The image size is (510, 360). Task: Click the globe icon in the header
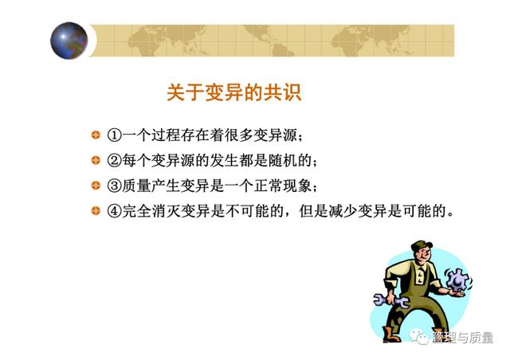[69, 41]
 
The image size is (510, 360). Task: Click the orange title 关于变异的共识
[233, 92]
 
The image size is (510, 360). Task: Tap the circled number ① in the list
[115, 135]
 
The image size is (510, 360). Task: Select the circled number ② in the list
[115, 160]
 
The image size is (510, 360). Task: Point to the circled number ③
[115, 186]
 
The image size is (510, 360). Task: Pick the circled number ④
[115, 211]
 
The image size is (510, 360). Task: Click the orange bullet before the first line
[96, 135]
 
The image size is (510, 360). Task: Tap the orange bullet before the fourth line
[96, 211]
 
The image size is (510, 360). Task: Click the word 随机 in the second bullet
[276, 160]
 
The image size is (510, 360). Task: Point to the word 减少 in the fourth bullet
[343, 211]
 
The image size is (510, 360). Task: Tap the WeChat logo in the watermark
[420, 338]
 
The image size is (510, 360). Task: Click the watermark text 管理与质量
[463, 338]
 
